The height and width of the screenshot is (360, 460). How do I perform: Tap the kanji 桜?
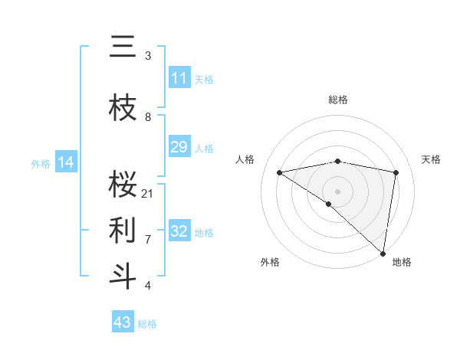pyautogui.click(x=123, y=184)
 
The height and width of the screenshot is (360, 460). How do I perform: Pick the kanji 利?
pyautogui.click(x=123, y=228)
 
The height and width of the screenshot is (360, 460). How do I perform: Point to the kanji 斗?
pyautogui.click(x=123, y=274)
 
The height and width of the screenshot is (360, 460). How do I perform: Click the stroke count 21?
pyautogui.click(x=148, y=193)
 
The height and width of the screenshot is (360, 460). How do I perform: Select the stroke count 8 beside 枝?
pyautogui.click(x=148, y=117)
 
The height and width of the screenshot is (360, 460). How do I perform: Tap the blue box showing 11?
pyautogui.click(x=179, y=78)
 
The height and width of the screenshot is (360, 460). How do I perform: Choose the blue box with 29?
pyautogui.click(x=179, y=148)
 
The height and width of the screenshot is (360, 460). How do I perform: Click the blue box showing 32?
pyautogui.click(x=179, y=231)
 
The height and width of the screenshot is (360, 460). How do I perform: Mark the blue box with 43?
pyautogui.click(x=123, y=322)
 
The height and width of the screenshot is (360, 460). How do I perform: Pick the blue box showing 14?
pyautogui.click(x=66, y=162)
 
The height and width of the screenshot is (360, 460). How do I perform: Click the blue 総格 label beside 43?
pyautogui.click(x=147, y=324)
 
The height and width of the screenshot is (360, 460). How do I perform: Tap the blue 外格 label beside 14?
pyautogui.click(x=41, y=163)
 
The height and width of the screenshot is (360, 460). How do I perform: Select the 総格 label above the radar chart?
pyautogui.click(x=337, y=100)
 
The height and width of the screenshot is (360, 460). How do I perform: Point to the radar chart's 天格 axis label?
pyautogui.click(x=432, y=159)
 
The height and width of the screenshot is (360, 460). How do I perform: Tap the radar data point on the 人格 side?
pyautogui.click(x=279, y=172)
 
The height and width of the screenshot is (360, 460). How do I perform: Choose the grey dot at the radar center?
pyautogui.click(x=337, y=191)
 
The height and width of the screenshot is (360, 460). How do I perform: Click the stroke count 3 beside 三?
pyautogui.click(x=148, y=56)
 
